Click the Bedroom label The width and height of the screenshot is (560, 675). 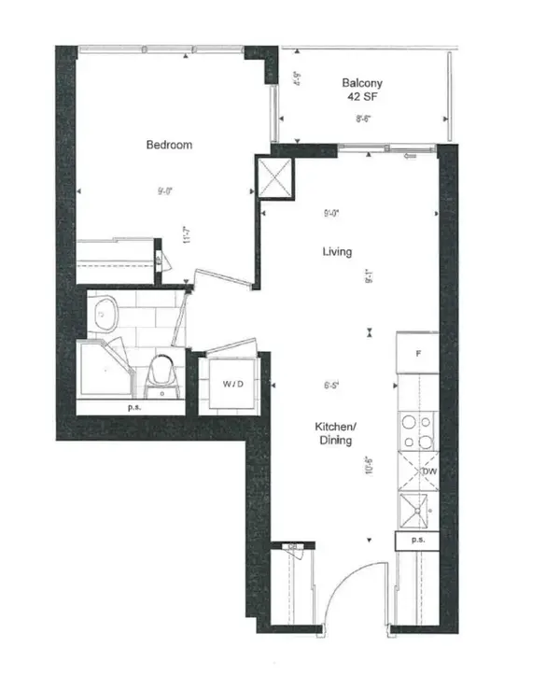click(169, 145)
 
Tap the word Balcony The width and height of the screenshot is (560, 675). click(361, 83)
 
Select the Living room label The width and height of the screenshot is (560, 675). click(337, 252)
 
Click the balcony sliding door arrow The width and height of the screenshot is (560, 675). click(408, 156)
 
